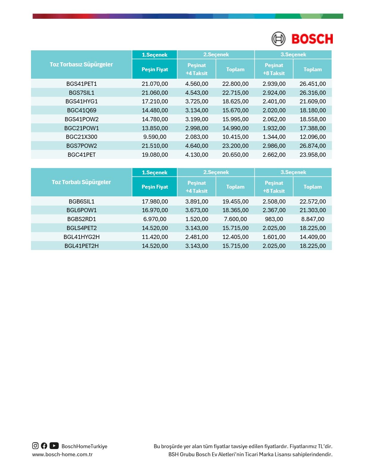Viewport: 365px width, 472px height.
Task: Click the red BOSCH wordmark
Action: (312, 39)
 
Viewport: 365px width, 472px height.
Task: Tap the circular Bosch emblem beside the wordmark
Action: (278, 39)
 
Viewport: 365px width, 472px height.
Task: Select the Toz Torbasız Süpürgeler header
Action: (81, 64)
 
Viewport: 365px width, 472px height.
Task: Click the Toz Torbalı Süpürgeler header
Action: (81, 182)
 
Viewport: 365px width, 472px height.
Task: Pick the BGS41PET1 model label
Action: (81, 84)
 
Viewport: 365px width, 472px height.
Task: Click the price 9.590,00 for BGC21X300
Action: (155, 137)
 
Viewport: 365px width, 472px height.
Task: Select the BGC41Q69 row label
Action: (81, 110)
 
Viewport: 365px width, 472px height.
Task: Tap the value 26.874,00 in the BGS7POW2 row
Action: (313, 146)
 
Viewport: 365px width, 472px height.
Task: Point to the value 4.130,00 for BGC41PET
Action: (197, 155)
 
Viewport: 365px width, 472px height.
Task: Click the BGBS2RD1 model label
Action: (81, 219)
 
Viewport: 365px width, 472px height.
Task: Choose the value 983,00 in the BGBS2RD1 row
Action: (274, 219)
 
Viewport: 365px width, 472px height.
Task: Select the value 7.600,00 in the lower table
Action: (235, 219)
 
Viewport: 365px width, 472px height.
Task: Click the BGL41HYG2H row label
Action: (81, 237)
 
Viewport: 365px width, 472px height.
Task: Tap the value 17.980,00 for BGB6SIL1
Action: (155, 201)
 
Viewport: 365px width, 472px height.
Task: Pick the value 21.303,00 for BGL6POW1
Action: (313, 210)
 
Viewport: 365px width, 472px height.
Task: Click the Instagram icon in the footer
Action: (35, 446)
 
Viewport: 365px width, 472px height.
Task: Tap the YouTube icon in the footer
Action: (54, 446)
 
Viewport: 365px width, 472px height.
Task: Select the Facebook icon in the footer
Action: (44, 446)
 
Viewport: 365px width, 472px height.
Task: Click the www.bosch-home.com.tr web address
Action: (62, 454)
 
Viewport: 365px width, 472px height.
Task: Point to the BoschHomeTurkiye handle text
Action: (84, 446)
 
